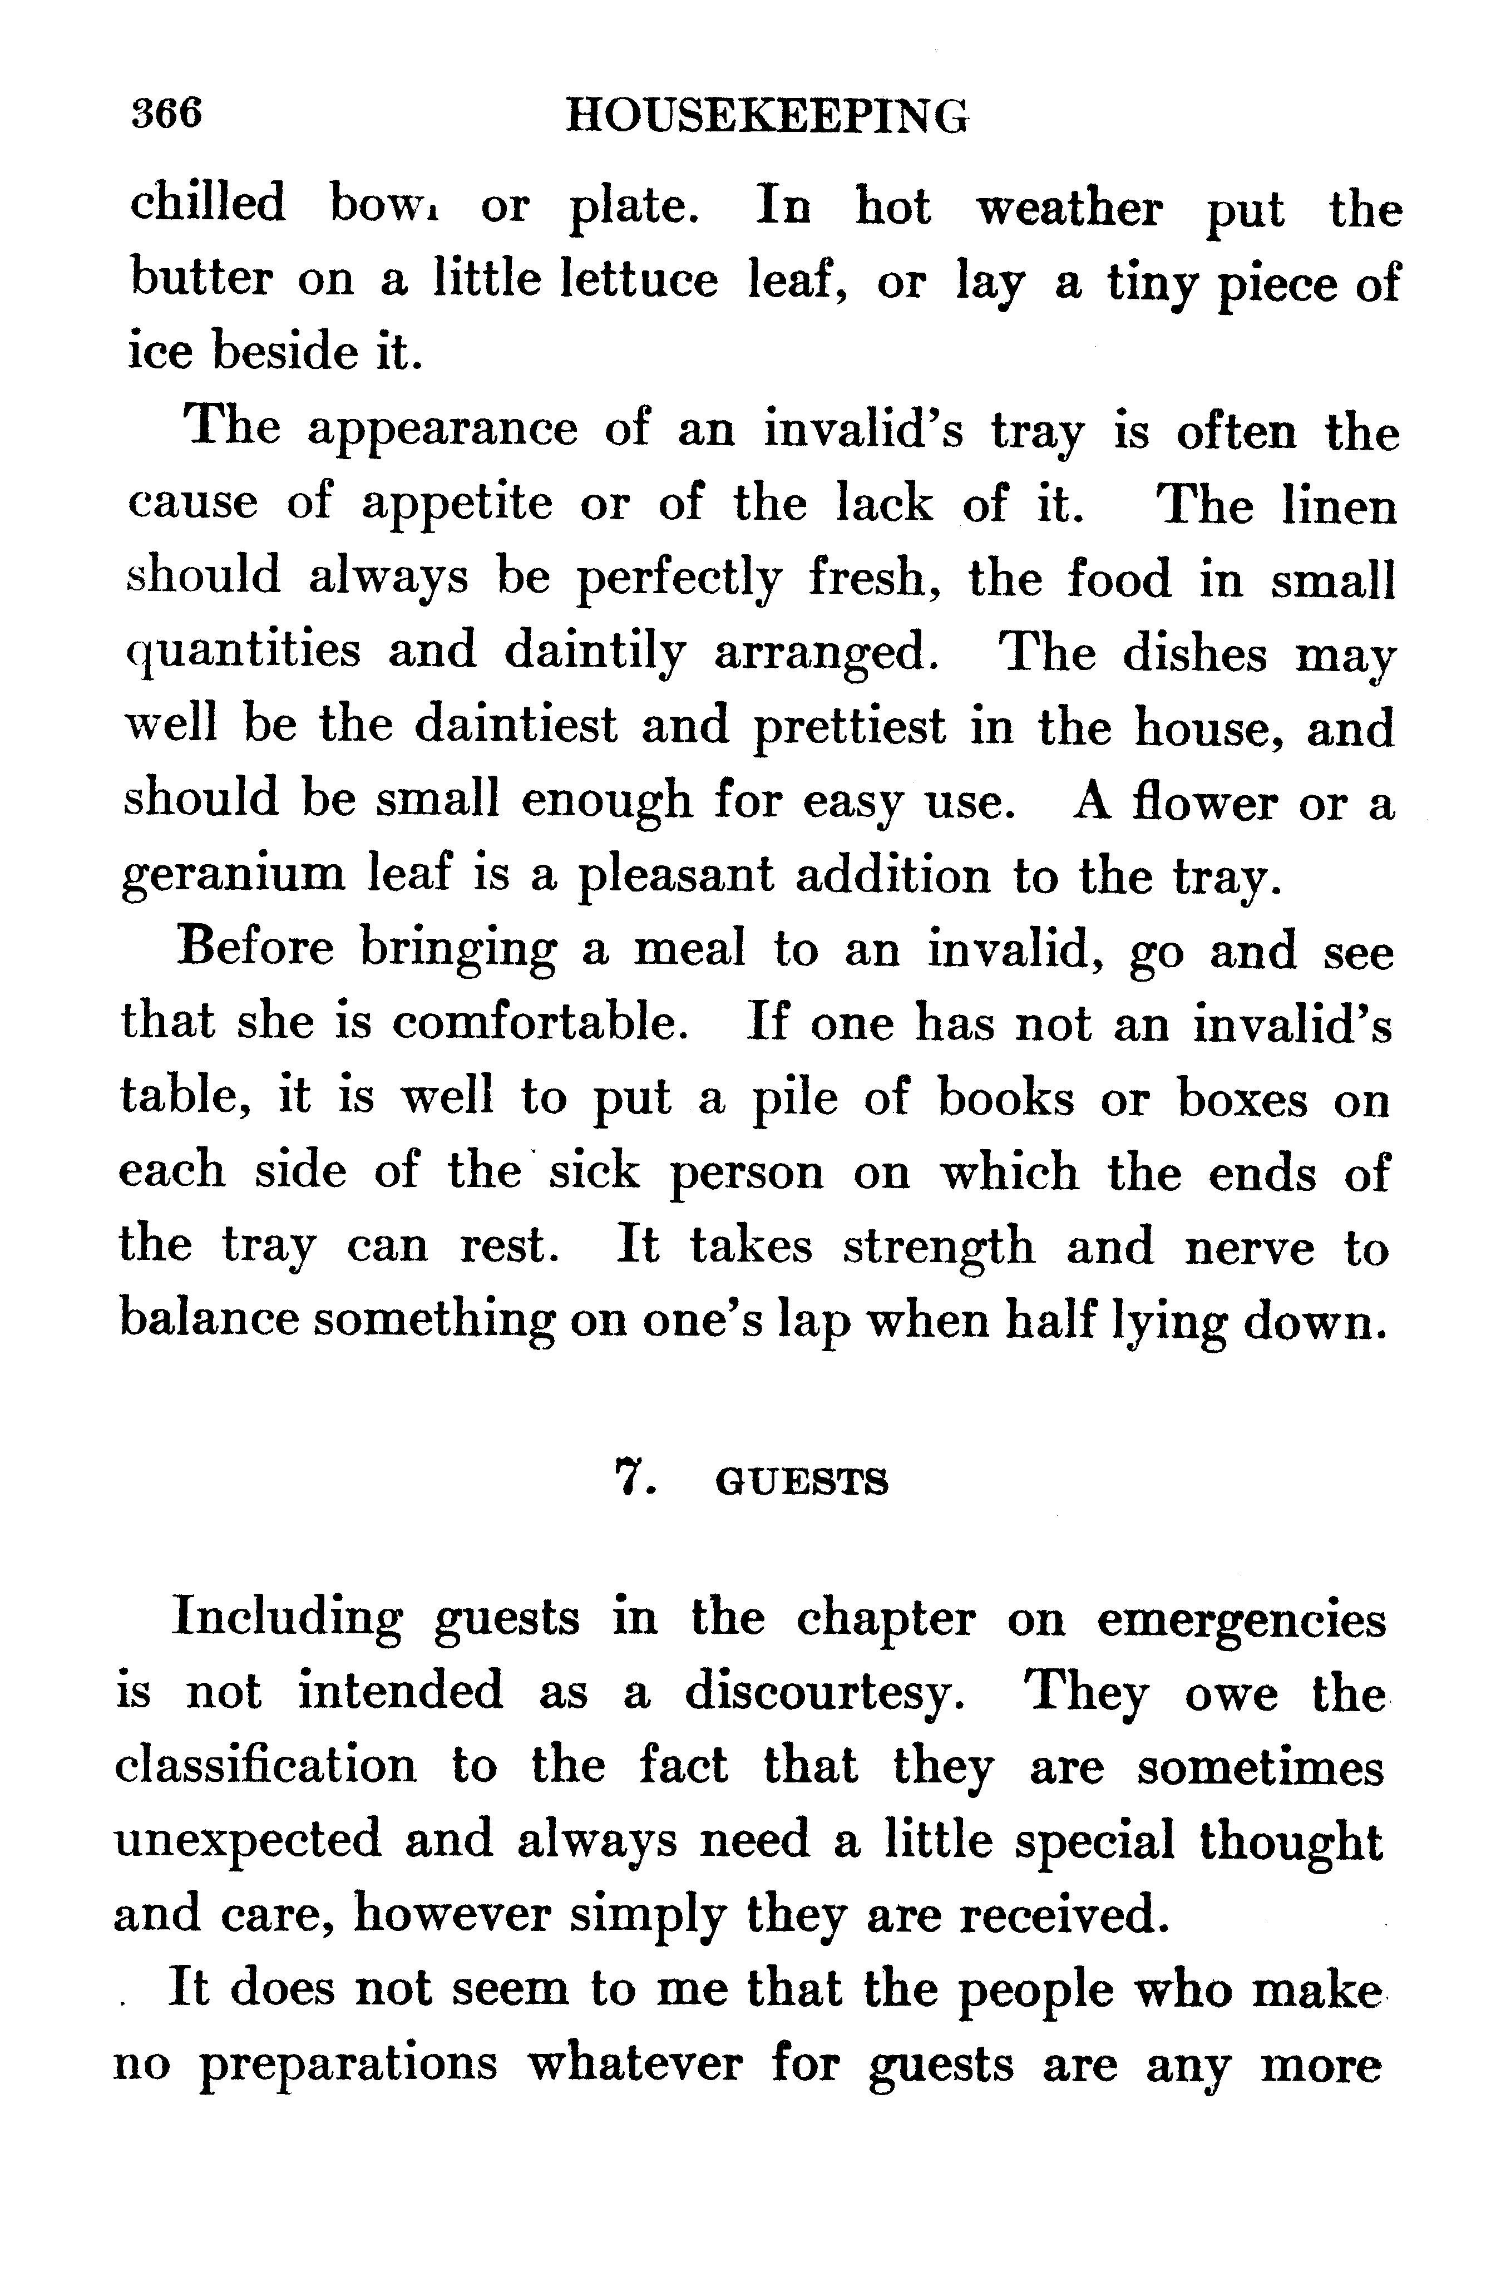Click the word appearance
pos(442,432)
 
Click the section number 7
pos(633,1481)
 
